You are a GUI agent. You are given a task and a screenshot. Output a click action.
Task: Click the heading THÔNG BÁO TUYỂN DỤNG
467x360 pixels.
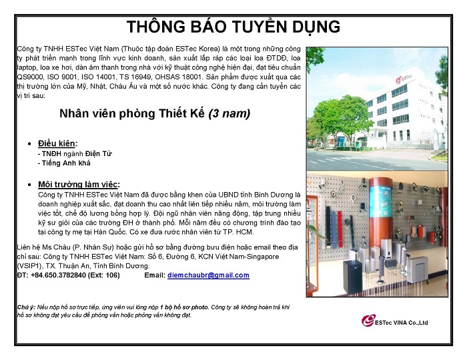pyautogui.click(x=233, y=27)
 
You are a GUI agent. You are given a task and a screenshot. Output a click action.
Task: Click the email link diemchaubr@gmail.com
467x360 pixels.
pyautogui.click(x=208, y=275)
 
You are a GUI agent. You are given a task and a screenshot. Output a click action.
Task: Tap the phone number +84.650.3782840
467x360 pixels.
pyautogui.click(x=58, y=275)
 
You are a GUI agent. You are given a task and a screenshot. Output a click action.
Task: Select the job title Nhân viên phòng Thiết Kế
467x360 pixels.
pyautogui.click(x=132, y=113)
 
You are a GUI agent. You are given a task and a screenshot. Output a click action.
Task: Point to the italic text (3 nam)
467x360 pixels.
pyautogui.click(x=229, y=113)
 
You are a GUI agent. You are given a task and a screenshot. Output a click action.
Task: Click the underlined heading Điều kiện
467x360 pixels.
pyautogui.click(x=57, y=143)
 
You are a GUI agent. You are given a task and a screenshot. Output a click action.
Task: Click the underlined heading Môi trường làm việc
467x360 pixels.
pyautogui.click(x=78, y=185)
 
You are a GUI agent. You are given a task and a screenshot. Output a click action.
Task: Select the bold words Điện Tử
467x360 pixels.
pyautogui.click(x=98, y=153)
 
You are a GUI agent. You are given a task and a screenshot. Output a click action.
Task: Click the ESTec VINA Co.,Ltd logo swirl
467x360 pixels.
pyautogui.click(x=368, y=321)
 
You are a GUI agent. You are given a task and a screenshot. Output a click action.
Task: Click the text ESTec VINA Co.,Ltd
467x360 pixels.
pyautogui.click(x=401, y=323)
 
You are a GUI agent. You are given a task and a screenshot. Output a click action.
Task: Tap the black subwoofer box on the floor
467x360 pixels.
pyautogui.click(x=352, y=276)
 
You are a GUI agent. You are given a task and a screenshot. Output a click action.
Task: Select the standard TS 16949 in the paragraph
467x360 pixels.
pyautogui.click(x=134, y=77)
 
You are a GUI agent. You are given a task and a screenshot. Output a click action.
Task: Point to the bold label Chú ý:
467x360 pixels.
pyautogui.click(x=26, y=307)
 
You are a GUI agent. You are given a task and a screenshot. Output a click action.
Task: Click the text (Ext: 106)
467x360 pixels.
pyautogui.click(x=104, y=275)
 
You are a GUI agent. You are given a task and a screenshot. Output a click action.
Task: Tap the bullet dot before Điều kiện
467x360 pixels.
pyautogui.click(x=29, y=144)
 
